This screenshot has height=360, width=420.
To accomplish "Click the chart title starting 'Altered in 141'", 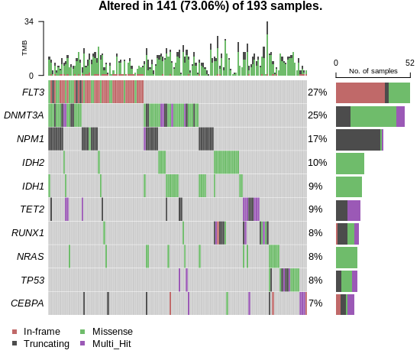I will [210, 7].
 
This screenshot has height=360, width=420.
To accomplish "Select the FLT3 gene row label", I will [32, 92].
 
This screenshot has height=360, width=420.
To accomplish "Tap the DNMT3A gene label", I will [24, 115].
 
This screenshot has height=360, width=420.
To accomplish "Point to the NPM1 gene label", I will [31, 139].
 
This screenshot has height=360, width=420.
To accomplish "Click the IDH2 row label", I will [34, 163].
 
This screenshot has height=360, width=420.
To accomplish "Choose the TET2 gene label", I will [32, 209].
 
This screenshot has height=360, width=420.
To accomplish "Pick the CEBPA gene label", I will [27, 303].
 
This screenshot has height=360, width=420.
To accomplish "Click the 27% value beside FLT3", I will [317, 92].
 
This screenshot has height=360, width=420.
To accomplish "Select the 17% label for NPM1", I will [317, 139].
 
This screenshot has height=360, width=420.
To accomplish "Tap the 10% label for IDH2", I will [317, 163].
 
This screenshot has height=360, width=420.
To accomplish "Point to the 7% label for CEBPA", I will [315, 303].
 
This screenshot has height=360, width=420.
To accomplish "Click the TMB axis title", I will [24, 48].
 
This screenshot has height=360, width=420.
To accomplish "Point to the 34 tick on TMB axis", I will [28, 21].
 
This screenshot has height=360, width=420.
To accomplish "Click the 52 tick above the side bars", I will [409, 63].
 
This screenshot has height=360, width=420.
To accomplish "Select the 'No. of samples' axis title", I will [373, 71].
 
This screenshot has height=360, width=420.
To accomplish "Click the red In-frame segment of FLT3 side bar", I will [360, 92].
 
